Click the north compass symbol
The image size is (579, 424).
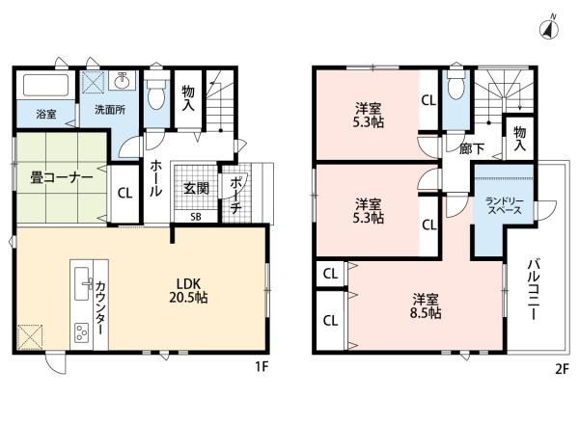[x=549, y=28]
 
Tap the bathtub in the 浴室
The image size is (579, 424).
[x=45, y=85]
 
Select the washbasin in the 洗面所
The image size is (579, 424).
[x=122, y=80]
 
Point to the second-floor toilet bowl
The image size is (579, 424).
[x=455, y=85]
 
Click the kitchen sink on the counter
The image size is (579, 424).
[x=83, y=283]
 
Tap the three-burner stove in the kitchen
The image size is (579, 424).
[x=82, y=332]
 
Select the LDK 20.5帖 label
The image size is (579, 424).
[x=188, y=290]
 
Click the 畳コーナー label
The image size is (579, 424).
[x=62, y=178]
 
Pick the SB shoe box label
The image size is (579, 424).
[x=196, y=217]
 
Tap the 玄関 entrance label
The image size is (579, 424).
[x=196, y=189]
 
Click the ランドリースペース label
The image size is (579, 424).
[x=504, y=206]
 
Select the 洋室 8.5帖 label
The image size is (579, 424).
[x=426, y=305]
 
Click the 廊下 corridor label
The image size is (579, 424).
[x=472, y=148]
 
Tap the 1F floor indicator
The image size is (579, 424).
[x=262, y=367]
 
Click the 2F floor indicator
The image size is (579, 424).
[x=562, y=369]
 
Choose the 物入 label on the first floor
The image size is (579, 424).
[x=188, y=98]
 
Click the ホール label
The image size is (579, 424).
[x=155, y=178]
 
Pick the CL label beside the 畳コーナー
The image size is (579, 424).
[x=124, y=193]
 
